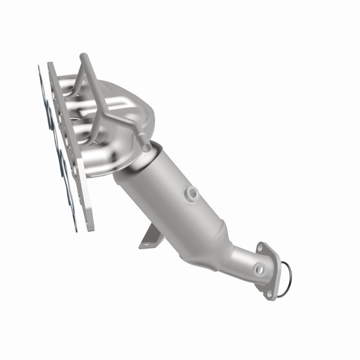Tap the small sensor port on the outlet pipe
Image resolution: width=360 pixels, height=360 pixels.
259,270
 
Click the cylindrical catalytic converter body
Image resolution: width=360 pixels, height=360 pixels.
171,198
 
